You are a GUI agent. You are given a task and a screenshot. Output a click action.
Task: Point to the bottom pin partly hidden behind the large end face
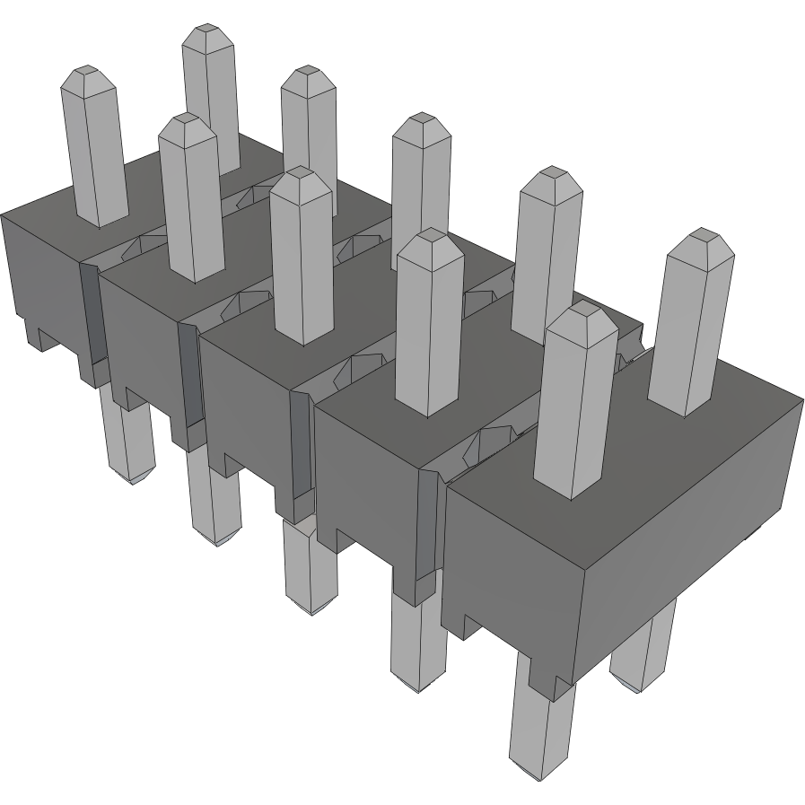coord(641,646)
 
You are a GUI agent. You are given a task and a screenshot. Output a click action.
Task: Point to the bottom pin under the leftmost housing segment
coord(127,440)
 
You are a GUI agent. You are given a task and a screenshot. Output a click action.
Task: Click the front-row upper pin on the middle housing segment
coord(302,260)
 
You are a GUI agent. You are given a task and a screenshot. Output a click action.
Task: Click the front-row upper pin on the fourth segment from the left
coord(429,323)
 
